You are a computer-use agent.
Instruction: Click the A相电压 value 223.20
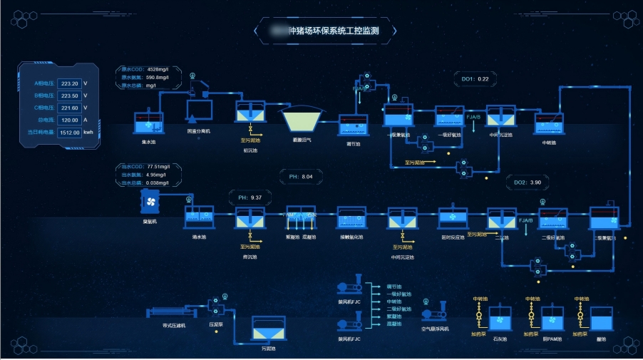click(x=69, y=83)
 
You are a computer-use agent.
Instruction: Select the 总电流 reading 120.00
click(x=69, y=120)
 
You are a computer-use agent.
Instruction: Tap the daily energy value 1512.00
click(x=69, y=132)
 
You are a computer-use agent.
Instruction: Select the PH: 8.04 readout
click(x=301, y=176)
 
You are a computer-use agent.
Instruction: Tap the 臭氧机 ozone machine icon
click(x=150, y=202)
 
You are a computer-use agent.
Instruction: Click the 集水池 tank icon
click(x=148, y=122)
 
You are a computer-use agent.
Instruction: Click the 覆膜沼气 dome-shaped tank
click(x=303, y=118)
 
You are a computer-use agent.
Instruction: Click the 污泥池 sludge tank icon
click(x=268, y=330)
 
